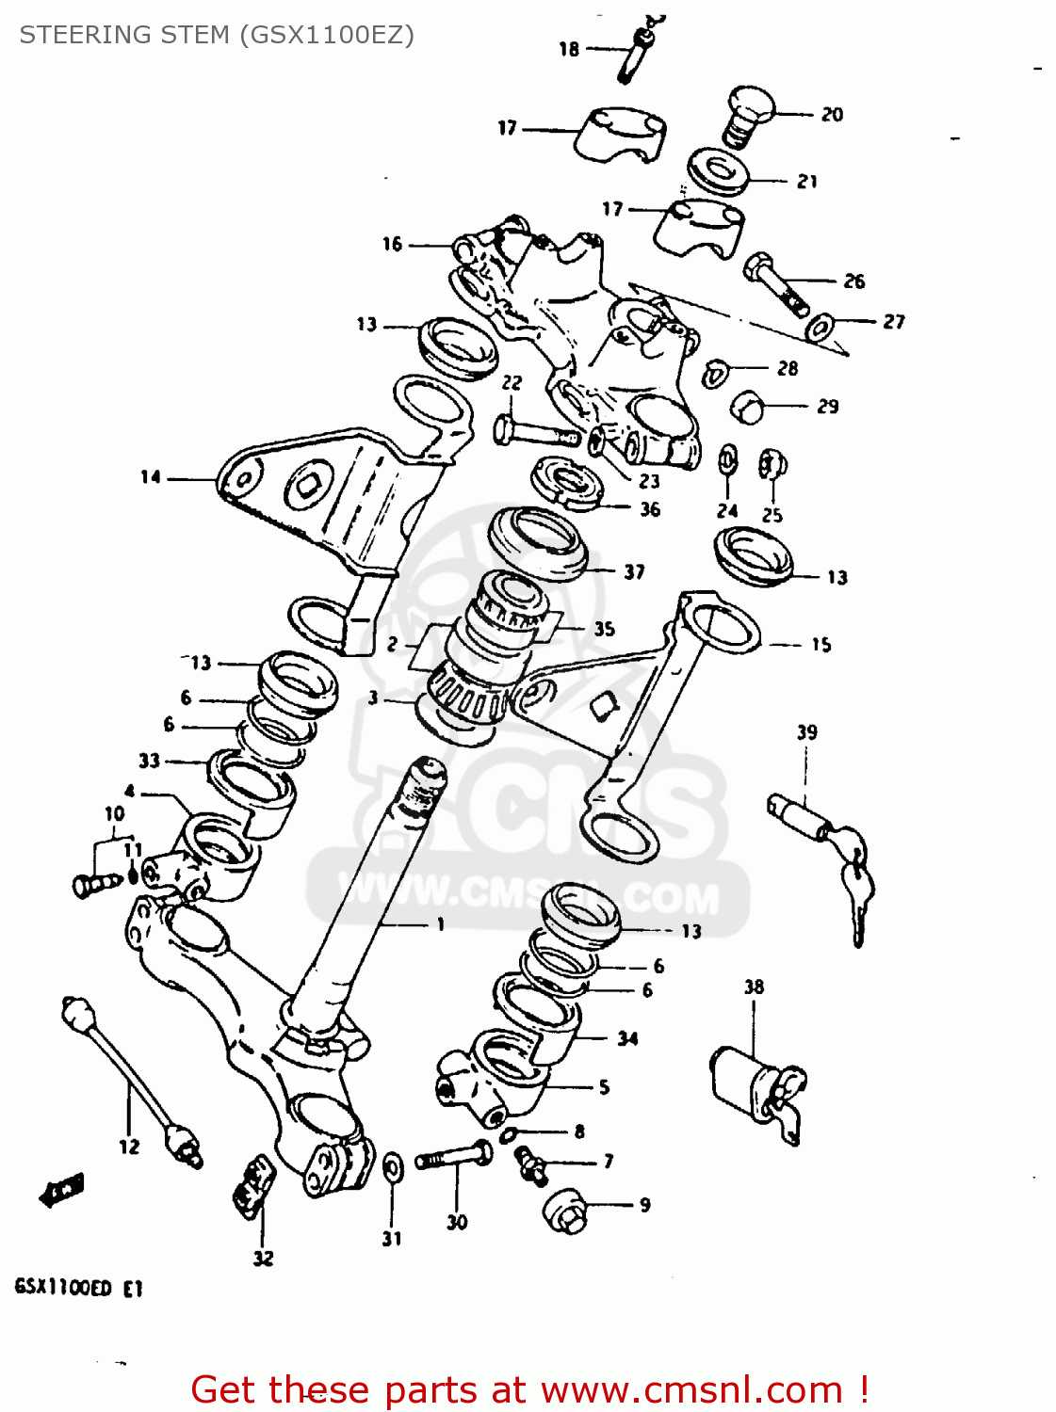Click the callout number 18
568,49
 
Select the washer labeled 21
718,172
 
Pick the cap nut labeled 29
749,408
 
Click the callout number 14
151,477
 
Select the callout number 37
634,571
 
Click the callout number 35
604,628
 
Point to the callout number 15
820,645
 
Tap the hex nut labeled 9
568,1209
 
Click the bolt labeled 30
454,1157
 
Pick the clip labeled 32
253,1188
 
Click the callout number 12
129,1147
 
